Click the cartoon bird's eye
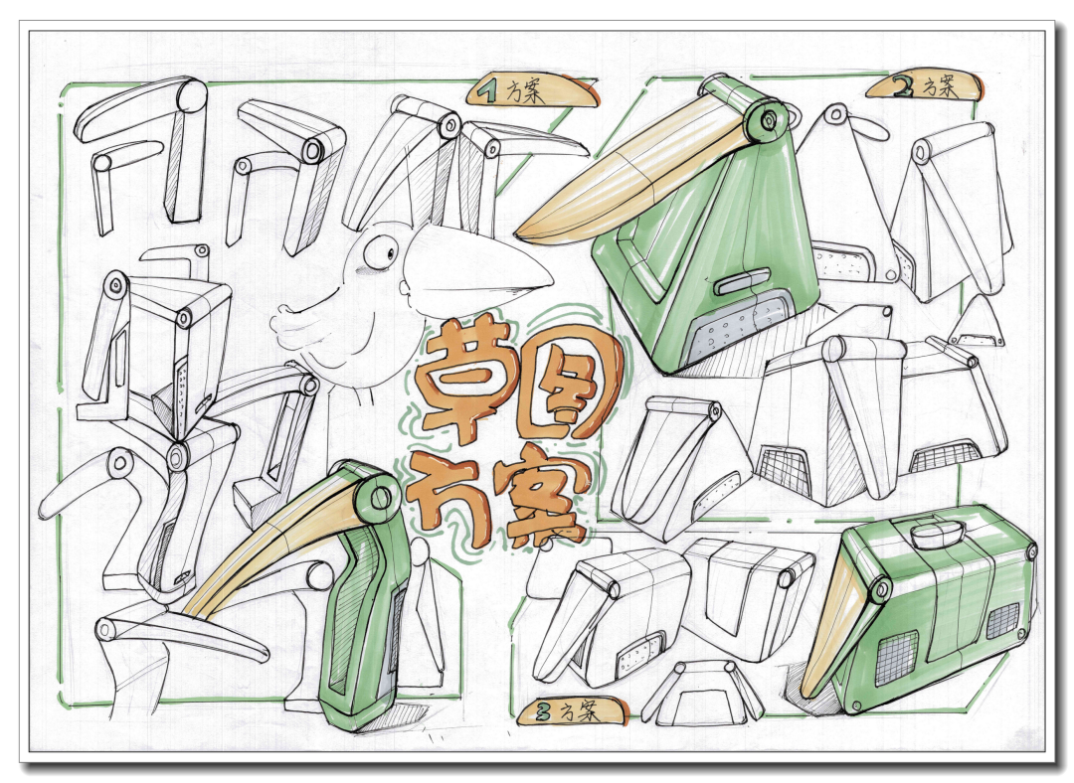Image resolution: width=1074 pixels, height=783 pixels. [x=379, y=252]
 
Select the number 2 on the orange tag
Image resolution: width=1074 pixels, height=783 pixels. [x=903, y=85]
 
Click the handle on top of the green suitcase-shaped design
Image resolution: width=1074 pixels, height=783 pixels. [x=937, y=532]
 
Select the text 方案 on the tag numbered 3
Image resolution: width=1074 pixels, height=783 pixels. [x=580, y=712]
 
